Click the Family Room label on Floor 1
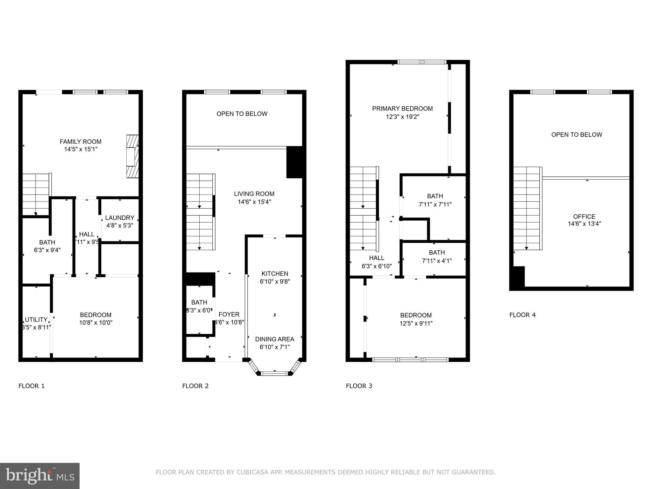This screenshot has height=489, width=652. pyautogui.click(x=81, y=142)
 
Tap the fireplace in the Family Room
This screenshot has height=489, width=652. pyautogui.click(x=132, y=156)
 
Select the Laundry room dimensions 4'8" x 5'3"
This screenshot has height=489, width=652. pyautogui.click(x=119, y=225)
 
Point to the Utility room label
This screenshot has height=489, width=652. pyautogui.click(x=36, y=320)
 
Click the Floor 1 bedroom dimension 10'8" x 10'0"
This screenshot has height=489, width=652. pyautogui.click(x=96, y=322)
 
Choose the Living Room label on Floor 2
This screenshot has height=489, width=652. pyautogui.click(x=254, y=194)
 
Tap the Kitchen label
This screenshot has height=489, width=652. pyautogui.click(x=275, y=273)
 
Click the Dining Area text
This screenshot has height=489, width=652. pyautogui.click(x=274, y=339)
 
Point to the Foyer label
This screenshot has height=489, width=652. pyautogui.click(x=229, y=314)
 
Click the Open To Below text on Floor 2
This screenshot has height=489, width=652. pyautogui.click(x=242, y=114)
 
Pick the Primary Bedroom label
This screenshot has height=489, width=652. pyautogui.click(x=402, y=109)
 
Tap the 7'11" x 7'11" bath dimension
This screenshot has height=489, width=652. pyautogui.click(x=435, y=204)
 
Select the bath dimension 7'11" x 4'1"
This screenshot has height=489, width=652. pyautogui.click(x=437, y=261)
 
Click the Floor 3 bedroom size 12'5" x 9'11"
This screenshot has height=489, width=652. pyautogui.click(x=416, y=323)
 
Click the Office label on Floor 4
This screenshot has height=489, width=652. pyautogui.click(x=584, y=216)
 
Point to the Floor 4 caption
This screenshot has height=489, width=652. pyautogui.click(x=522, y=315)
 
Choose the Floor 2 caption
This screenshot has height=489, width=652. pyautogui.click(x=195, y=386)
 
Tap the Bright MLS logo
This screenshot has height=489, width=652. pyautogui.click(x=40, y=476)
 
